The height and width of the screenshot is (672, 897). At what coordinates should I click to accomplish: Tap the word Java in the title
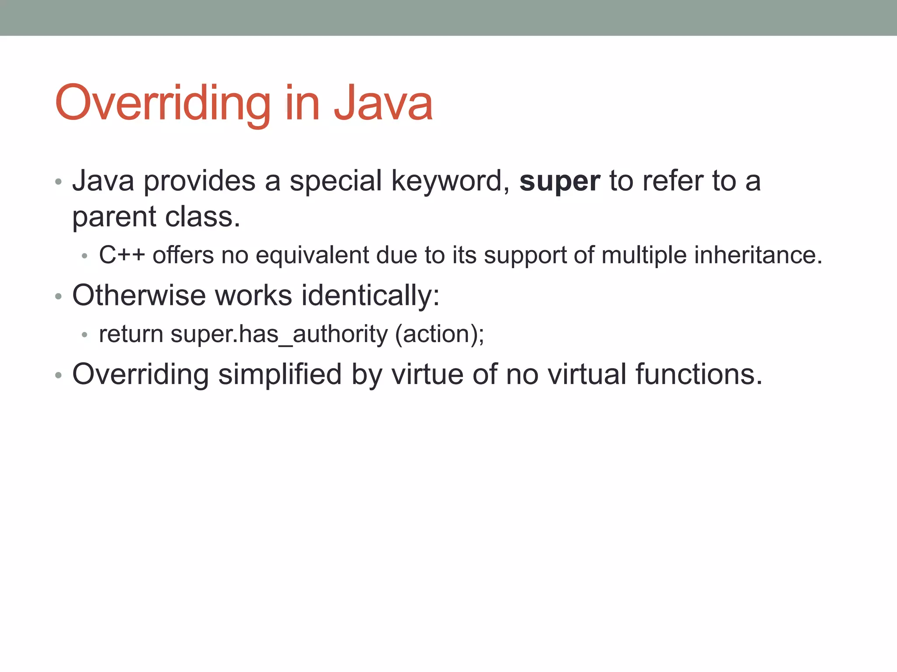click(383, 103)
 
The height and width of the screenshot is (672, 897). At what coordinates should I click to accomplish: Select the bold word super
click(559, 181)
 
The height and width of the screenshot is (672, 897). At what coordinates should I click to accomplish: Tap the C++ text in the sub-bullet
click(121, 255)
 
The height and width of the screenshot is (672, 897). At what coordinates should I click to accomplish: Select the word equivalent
click(312, 255)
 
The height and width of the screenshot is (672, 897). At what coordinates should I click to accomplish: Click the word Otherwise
click(138, 295)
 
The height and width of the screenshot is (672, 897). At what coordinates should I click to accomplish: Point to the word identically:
click(371, 296)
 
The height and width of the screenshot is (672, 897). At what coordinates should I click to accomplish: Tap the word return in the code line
click(131, 334)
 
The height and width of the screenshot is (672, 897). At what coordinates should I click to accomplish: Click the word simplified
click(280, 374)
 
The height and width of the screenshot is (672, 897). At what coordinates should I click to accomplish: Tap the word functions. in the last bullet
click(699, 374)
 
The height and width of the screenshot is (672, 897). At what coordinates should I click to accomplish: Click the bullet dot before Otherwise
click(58, 297)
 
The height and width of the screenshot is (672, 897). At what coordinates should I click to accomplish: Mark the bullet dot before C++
click(85, 256)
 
